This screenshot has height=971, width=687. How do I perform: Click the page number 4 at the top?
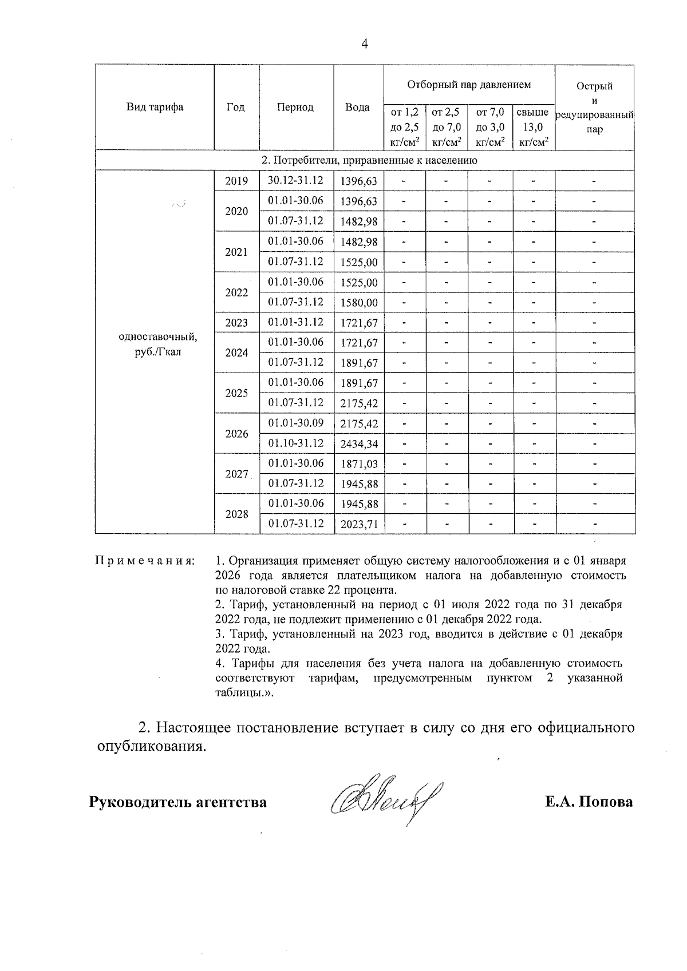(x=365, y=44)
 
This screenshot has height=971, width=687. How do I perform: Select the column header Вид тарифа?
(x=155, y=108)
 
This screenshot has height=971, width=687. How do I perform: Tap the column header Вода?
(x=358, y=108)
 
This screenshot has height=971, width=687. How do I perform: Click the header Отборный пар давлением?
(x=469, y=85)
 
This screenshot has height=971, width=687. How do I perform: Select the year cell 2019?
(x=236, y=181)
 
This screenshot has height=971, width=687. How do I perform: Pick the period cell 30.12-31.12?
(x=296, y=181)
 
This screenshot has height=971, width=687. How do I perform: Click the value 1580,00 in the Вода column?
(x=359, y=303)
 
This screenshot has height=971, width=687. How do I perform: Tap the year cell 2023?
(x=236, y=323)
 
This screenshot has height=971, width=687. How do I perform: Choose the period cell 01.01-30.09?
(x=296, y=423)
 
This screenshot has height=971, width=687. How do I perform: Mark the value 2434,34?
(x=359, y=444)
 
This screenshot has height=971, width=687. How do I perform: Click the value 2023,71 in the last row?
(x=359, y=524)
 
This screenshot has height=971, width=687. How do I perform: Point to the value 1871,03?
(x=359, y=464)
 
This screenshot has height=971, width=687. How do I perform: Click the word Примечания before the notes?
(x=145, y=561)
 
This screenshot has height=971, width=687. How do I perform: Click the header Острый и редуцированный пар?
(x=594, y=108)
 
